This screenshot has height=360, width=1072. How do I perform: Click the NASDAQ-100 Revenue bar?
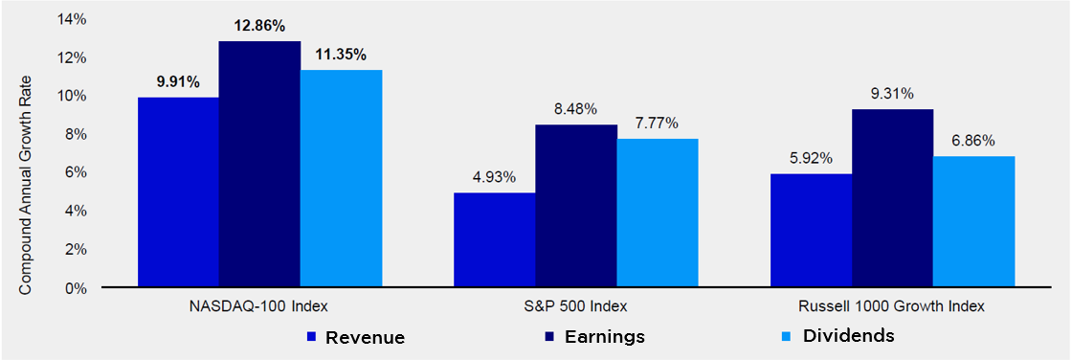coord(178,192)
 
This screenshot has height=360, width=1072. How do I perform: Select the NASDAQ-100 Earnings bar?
coord(259,165)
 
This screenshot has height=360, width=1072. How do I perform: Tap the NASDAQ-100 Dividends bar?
coord(341,179)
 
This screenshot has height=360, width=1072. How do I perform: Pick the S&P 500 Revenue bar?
coord(495,240)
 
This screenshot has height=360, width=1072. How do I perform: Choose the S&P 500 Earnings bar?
coord(576,206)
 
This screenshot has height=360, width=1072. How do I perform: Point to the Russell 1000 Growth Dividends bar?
coord(974,222)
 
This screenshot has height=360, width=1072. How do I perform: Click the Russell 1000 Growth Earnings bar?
coord(893,198)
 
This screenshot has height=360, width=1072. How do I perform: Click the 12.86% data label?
coord(259,27)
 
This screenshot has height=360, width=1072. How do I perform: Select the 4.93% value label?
coord(495,177)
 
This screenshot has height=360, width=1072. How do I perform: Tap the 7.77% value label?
coord(657,124)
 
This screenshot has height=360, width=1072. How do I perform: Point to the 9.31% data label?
coord(892,95)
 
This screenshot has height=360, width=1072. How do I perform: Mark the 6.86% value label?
coord(973,141)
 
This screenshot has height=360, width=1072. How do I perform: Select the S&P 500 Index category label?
coord(577,306)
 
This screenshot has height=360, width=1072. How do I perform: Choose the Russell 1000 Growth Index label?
coord(893,306)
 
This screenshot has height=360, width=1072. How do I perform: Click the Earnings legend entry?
coord(594,337)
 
